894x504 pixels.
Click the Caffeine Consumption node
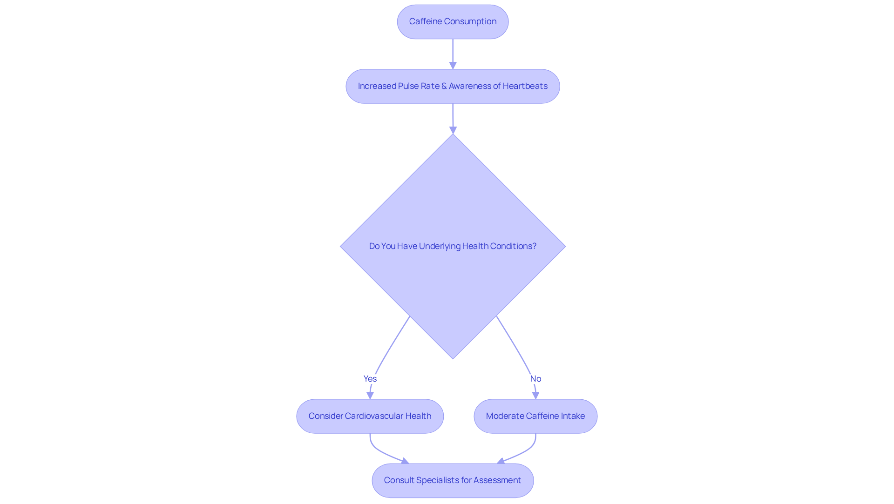tap(453, 22)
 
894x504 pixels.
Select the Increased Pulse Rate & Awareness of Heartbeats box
tap(453, 86)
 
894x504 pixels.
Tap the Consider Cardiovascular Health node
tap(370, 416)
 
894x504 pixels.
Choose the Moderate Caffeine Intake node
tap(535, 416)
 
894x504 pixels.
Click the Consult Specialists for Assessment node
tap(453, 480)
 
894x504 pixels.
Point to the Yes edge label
tap(370, 379)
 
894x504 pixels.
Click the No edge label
tap(535, 379)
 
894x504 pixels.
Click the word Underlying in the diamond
tap(440, 246)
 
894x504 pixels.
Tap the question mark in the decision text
tap(534, 246)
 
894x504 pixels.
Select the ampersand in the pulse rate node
tap(444, 86)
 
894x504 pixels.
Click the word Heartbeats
tap(525, 86)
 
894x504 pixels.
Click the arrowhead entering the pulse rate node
tap(453, 66)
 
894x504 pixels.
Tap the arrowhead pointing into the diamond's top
tap(453, 130)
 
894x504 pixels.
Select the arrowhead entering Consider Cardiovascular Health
tap(370, 395)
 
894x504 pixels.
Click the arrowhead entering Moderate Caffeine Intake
tap(535, 395)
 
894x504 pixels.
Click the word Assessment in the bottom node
tap(497, 480)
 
